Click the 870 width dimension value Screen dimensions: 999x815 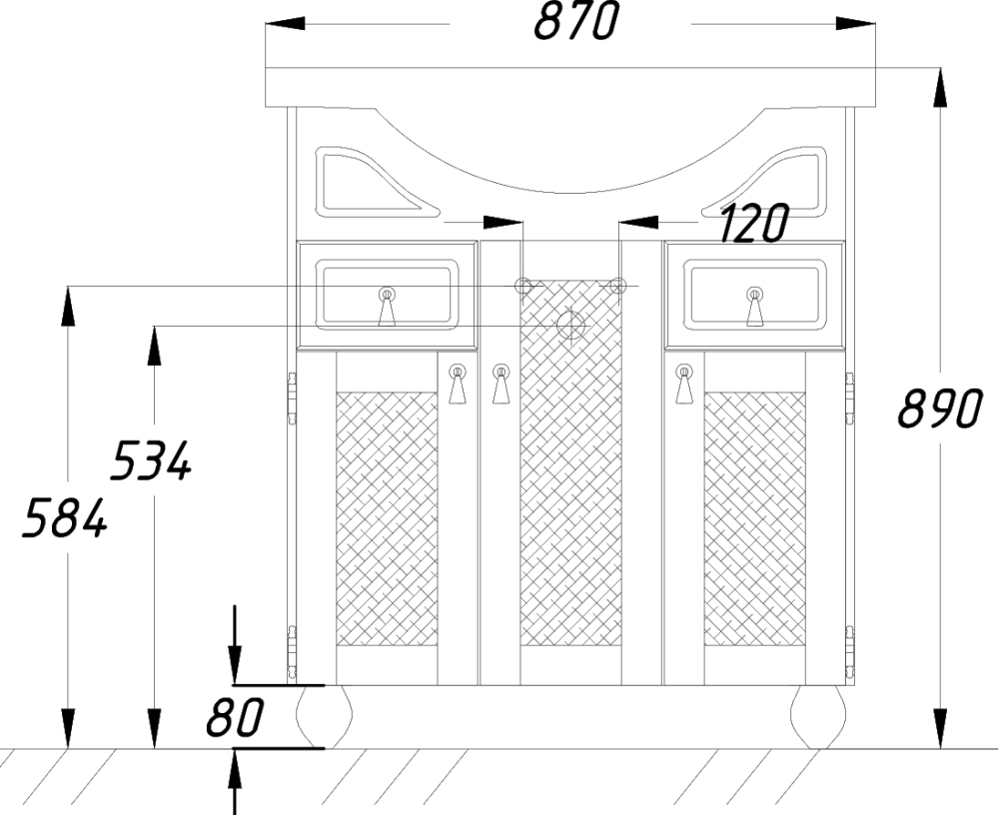(x=576, y=22)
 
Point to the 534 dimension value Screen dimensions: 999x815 (x=151, y=460)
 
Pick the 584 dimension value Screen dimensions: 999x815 (x=65, y=517)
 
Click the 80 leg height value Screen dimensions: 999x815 (x=235, y=716)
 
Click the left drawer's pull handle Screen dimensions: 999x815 (x=387, y=307)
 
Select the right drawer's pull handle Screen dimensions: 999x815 (x=755, y=307)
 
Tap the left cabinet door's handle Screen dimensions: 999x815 (x=458, y=384)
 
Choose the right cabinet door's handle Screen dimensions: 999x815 (x=685, y=384)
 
